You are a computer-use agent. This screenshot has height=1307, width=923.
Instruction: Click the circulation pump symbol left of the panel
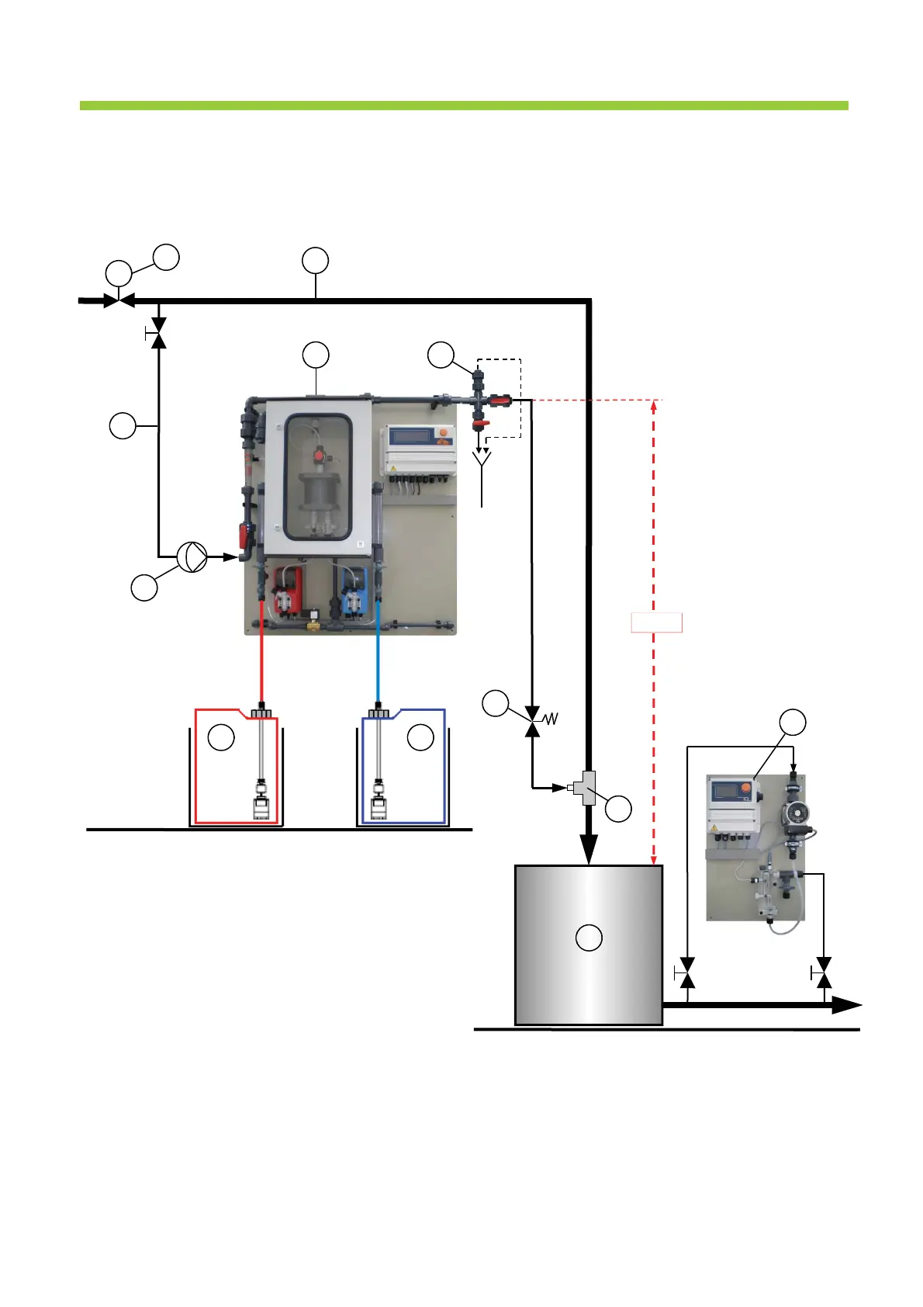pos(192,556)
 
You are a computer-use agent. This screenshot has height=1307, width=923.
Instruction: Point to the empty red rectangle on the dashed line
pos(656,622)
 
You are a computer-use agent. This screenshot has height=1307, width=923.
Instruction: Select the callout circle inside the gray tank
pos(589,938)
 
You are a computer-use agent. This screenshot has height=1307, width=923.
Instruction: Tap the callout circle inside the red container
pos(222,737)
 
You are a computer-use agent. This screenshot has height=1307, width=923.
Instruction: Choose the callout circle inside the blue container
pos(420,737)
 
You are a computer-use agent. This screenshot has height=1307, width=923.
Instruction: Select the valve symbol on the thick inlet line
pos(119,300)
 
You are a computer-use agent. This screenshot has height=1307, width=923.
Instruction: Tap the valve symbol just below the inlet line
pos(158,335)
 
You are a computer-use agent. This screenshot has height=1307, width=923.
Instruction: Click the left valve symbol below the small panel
pos(686,972)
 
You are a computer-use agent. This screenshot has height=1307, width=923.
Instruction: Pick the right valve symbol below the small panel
pos(823,972)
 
